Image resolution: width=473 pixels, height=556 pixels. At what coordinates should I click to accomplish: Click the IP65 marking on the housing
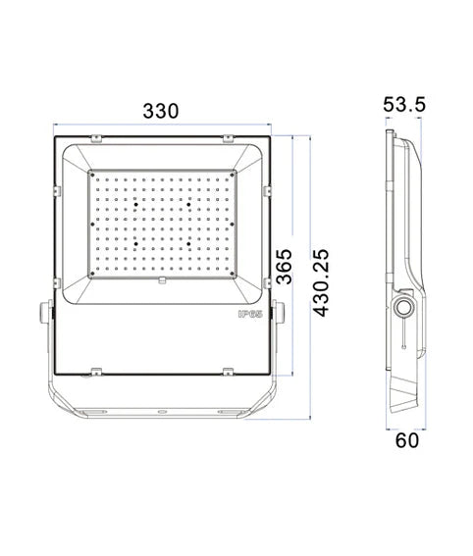(248, 315)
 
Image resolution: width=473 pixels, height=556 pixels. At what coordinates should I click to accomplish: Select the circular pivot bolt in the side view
(403, 310)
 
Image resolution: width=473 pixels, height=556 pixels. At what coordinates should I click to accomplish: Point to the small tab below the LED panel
(162, 279)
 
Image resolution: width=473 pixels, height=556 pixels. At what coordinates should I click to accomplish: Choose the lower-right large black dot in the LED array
(187, 239)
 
